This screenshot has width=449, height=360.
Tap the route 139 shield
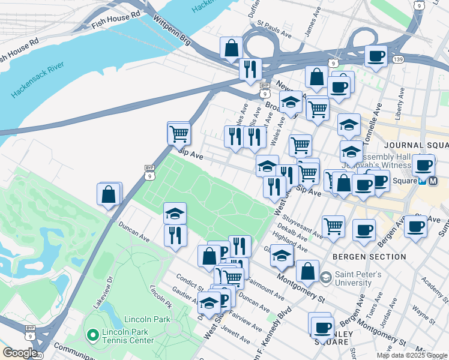point(398,59)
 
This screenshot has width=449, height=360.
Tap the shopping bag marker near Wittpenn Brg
point(231,48)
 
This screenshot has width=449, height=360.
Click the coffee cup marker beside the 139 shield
point(376,57)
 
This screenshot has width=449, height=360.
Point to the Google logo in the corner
point(19,353)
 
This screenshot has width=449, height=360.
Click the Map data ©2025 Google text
point(412,355)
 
